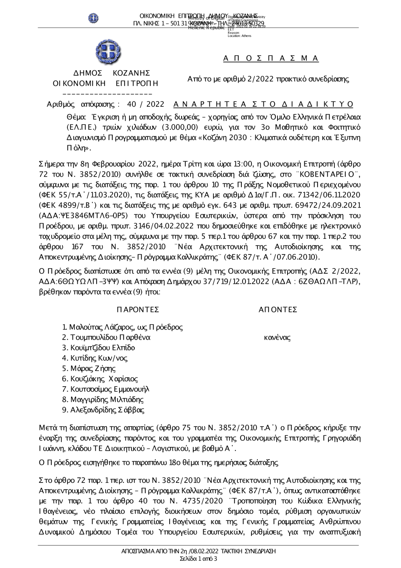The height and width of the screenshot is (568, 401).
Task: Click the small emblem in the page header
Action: coord(93,18)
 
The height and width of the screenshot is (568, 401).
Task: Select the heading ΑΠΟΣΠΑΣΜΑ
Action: coord(271,59)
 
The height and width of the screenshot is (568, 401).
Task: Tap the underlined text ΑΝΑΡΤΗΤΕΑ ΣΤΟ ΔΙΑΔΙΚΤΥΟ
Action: coord(263,104)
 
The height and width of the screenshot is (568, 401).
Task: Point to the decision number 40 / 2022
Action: coord(145,104)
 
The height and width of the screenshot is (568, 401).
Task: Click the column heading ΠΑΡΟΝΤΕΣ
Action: coord(138,309)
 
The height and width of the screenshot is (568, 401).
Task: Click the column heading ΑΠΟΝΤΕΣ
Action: coord(277,309)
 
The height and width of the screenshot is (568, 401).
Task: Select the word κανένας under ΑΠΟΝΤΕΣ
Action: coord(277,338)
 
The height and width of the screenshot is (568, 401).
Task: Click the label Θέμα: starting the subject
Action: coord(76,117)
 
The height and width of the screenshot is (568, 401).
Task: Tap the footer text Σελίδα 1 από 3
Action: coord(198,559)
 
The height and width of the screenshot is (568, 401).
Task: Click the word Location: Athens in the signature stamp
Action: coord(239,36)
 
